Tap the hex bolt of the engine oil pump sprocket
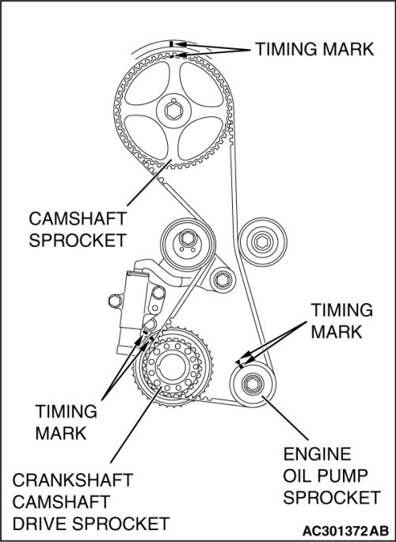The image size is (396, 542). [252, 384]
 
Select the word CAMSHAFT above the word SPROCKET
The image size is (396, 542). [78, 218]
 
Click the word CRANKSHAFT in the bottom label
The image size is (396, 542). [73, 480]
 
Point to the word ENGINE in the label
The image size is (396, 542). [317, 454]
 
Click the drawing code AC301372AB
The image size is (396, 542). [345, 530]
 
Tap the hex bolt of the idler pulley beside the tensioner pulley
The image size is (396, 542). [262, 241]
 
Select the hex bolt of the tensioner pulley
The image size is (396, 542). [187, 238]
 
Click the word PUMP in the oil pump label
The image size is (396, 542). [342, 476]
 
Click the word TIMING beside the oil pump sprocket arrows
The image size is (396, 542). [341, 310]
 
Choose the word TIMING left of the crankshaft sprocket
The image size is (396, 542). [66, 411]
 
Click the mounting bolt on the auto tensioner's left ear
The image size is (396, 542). [115, 301]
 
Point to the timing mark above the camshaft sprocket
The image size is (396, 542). [171, 44]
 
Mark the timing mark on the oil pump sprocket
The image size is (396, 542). [239, 363]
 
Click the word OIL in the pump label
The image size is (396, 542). [296, 476]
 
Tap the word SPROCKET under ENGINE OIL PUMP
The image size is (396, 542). [332, 498]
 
